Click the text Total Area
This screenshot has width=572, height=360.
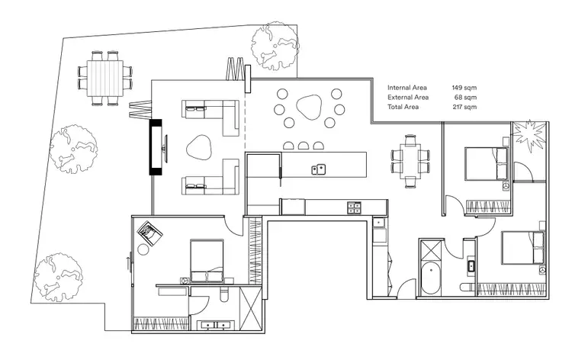point(405,108)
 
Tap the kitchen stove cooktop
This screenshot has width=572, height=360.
point(354,205)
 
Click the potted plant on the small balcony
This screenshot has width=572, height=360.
point(527,136)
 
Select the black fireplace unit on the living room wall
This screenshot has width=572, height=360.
point(156,146)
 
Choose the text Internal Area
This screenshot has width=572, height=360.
point(408,88)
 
